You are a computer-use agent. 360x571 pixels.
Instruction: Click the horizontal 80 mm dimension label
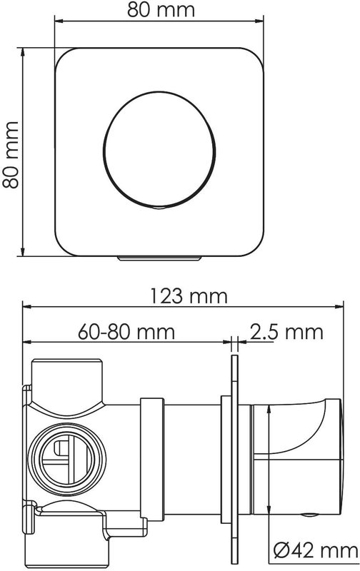tap(161, 9)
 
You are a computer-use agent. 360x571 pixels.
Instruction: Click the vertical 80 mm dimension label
tap(11, 155)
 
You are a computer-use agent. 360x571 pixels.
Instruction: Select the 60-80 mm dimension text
tap(126, 331)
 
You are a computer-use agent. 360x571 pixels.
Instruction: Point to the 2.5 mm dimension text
tap(286, 332)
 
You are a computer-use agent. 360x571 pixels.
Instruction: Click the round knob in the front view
tap(159, 150)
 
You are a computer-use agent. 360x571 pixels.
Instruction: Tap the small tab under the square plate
tap(159, 258)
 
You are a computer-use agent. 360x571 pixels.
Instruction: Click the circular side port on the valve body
tap(65, 460)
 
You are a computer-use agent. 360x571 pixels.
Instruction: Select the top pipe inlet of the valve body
tap(67, 383)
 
